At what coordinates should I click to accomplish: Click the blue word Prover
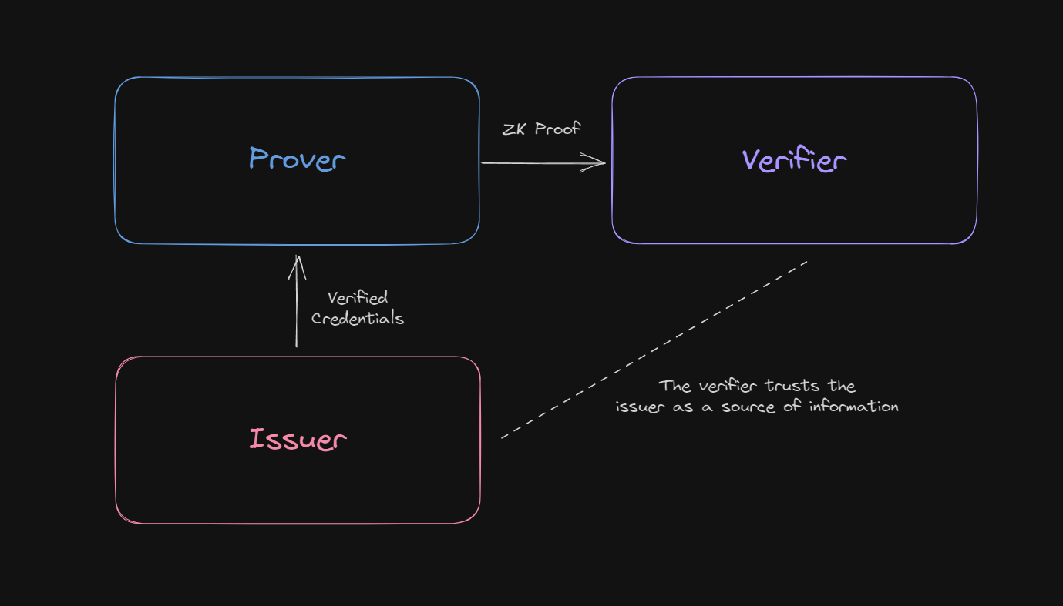297,159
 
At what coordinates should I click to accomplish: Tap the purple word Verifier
794,160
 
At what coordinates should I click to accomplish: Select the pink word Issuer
298,439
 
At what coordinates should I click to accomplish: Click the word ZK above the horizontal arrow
515,129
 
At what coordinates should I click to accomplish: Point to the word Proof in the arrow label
558,129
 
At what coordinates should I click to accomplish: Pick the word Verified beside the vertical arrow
358,298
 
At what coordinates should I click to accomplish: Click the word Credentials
358,318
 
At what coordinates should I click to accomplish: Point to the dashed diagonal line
655,349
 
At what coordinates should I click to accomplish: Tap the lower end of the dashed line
503,437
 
